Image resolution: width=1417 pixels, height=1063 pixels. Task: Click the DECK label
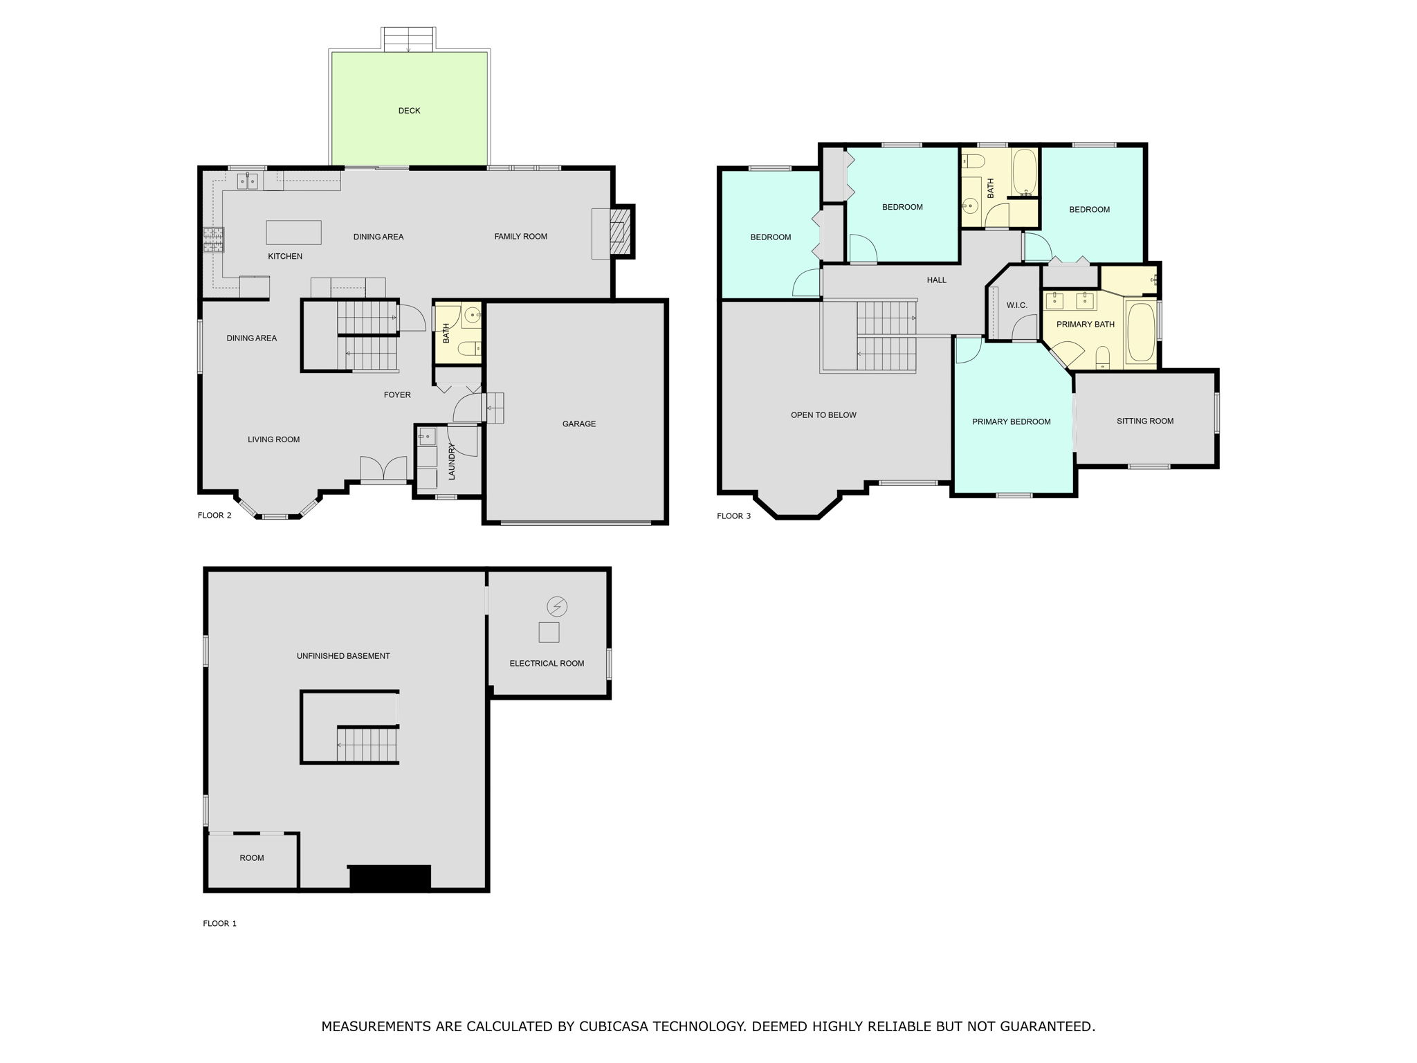(409, 111)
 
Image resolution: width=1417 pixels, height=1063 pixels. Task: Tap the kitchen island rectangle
(294, 233)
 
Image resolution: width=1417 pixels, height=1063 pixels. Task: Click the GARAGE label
(579, 424)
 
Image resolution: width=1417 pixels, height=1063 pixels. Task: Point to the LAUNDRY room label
(452, 462)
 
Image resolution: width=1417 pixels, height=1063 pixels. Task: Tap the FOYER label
(397, 395)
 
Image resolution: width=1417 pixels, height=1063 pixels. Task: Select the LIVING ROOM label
(274, 439)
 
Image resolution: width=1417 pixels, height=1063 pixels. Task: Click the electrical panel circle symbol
(557, 607)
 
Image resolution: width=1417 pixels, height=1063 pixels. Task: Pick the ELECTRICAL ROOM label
(547, 664)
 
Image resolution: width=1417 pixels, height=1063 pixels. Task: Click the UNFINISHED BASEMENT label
(343, 656)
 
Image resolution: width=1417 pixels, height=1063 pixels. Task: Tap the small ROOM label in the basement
(252, 858)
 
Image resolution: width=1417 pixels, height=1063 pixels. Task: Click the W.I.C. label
(1017, 306)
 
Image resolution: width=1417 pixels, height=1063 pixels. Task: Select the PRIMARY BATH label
(1086, 325)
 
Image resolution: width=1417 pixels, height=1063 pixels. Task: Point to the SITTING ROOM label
(1145, 421)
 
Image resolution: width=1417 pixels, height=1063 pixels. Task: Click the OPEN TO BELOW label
(823, 415)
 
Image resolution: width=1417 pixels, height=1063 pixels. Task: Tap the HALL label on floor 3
(937, 280)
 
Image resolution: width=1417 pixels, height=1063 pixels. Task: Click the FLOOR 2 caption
(214, 516)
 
